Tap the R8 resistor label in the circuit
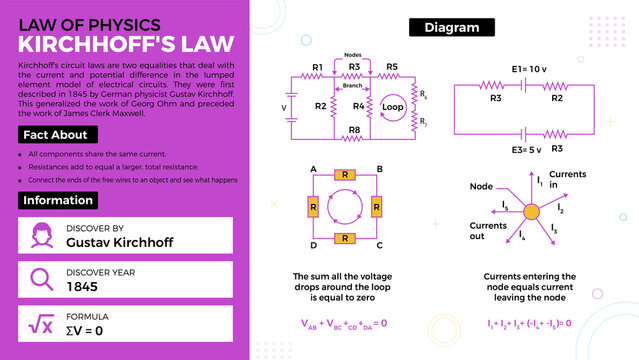pyautogui.click(x=354, y=129)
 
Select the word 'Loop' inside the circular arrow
pyautogui.click(x=393, y=106)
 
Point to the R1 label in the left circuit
pyautogui.click(x=317, y=67)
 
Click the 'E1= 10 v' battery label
pyautogui.click(x=528, y=69)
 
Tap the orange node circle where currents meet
pyautogui.click(x=531, y=211)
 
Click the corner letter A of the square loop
pyautogui.click(x=314, y=169)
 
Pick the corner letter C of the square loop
pyautogui.click(x=378, y=245)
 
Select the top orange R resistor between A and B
pyautogui.click(x=345, y=175)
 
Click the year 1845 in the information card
pyautogui.click(x=83, y=286)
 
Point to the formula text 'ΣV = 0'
pyautogui.click(x=85, y=329)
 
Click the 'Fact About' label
pyautogui.click(x=57, y=135)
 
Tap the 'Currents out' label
pyautogui.click(x=488, y=231)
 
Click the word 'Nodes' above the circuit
pyautogui.click(x=353, y=55)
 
